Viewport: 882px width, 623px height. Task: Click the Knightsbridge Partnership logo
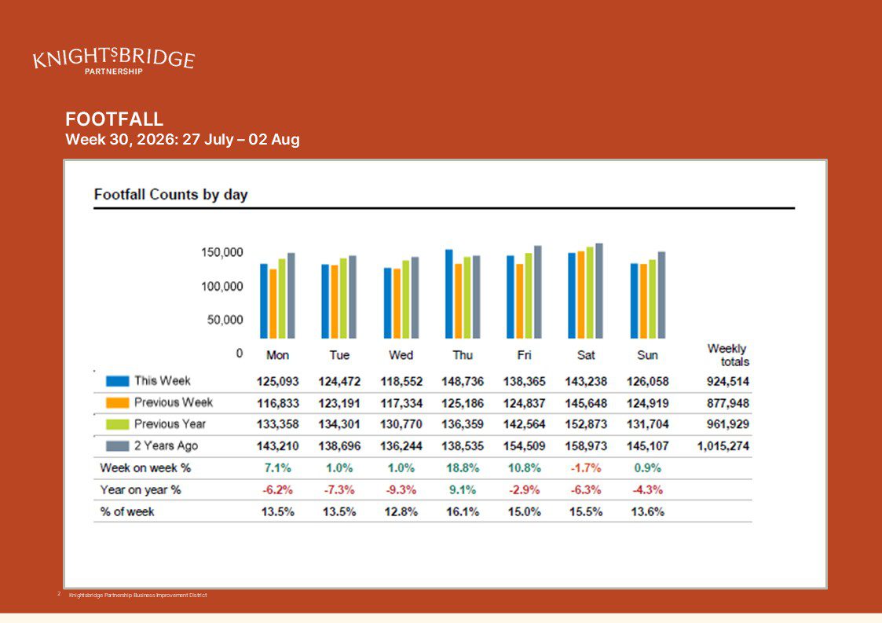pos(114,60)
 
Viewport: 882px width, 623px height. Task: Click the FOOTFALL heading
pos(114,119)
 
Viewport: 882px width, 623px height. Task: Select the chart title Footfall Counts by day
pos(170,194)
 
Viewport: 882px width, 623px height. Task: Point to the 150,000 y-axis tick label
pos(222,252)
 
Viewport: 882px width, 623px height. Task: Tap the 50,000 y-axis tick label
pos(225,320)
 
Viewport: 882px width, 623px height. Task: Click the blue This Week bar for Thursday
pos(449,294)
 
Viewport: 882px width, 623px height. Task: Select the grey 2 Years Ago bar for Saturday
pos(599,291)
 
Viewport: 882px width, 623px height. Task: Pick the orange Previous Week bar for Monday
pos(273,303)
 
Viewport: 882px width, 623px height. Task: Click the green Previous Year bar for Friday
pos(529,295)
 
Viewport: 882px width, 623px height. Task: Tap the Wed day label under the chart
pos(401,355)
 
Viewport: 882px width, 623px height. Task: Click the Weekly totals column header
pos(728,355)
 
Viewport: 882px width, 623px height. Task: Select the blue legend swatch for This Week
pos(118,381)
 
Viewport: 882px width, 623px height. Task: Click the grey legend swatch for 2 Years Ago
pos(118,445)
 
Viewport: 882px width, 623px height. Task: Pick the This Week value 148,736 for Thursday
pos(463,382)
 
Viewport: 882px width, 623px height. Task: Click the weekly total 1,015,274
pos(723,446)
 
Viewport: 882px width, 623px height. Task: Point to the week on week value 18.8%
pos(463,468)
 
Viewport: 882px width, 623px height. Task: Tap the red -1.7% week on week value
pos(586,468)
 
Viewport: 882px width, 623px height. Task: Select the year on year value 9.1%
pos(463,490)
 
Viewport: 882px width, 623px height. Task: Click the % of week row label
pos(127,511)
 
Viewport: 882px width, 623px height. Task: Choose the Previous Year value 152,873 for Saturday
pos(586,424)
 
